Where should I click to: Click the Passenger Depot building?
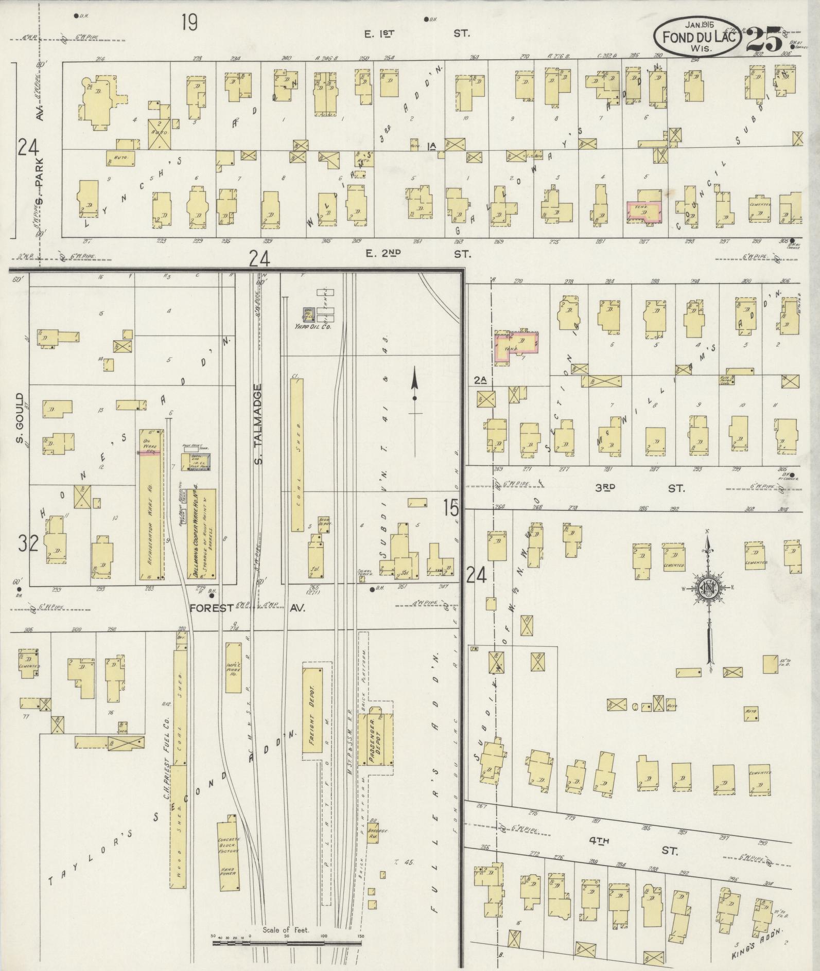381,737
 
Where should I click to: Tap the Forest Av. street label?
247,608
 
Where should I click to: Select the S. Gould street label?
20,419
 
